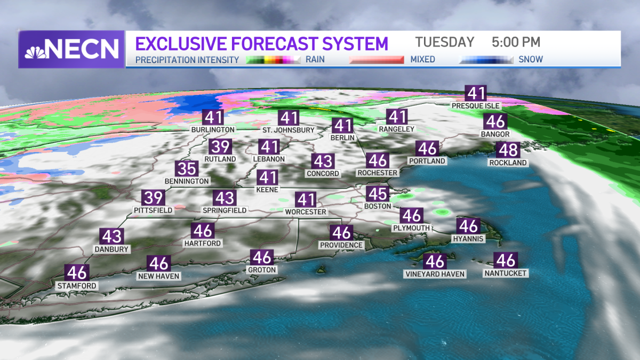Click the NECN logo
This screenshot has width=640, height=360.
71,49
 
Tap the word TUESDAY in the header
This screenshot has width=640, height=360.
445,42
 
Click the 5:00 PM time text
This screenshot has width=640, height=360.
516,42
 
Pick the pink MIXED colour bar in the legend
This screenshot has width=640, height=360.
377,60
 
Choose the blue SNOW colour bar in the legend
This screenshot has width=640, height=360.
486,60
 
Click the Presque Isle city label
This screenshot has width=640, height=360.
476,106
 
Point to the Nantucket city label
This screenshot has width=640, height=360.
506,273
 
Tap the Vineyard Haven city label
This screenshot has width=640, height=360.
435,274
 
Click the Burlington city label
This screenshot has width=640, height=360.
213,130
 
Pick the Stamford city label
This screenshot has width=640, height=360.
77,286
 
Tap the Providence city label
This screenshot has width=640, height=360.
341,245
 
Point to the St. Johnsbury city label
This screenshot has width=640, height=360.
289,130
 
